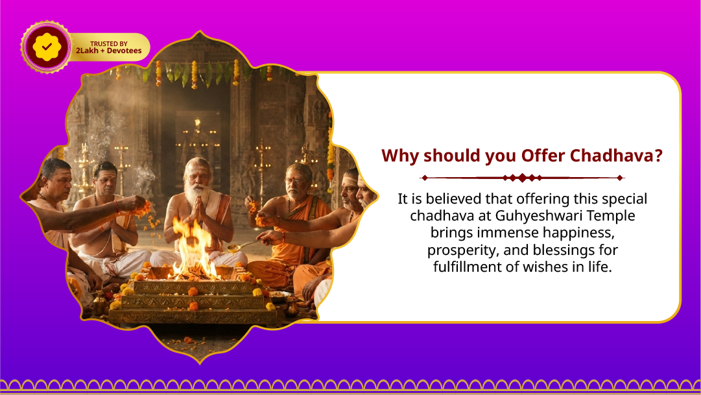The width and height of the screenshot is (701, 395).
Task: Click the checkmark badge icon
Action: point(46,47)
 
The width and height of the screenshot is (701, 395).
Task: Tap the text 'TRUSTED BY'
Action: point(108,43)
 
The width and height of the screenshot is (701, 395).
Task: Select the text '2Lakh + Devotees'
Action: point(108,51)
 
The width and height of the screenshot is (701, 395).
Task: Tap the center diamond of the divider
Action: point(522,178)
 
